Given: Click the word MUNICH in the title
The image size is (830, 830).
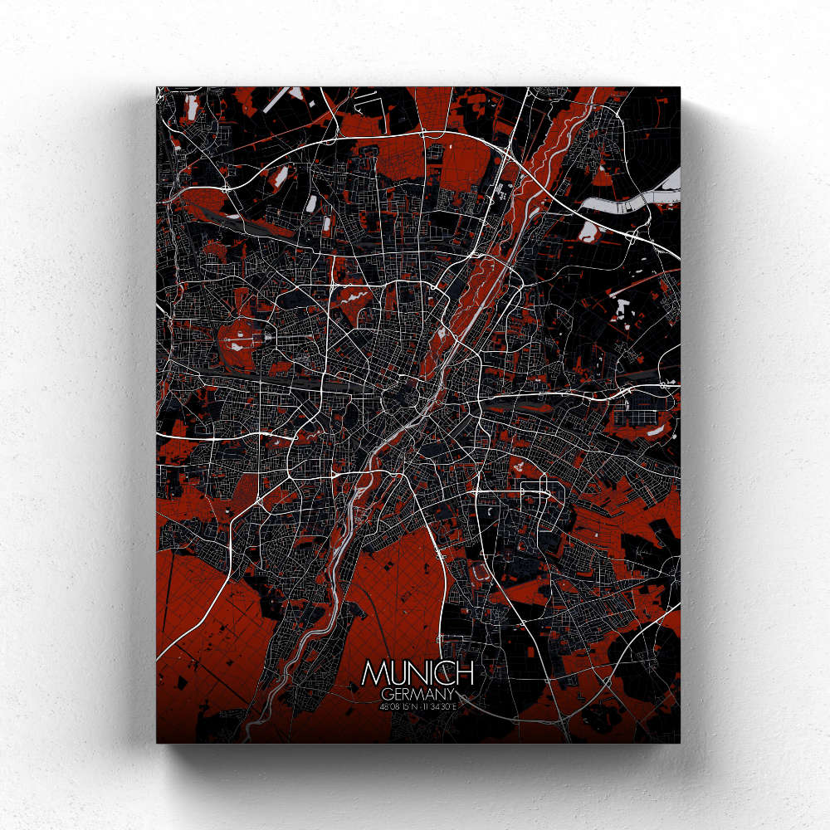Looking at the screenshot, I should tap(417, 672).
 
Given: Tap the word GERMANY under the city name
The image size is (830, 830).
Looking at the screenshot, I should tap(417, 693).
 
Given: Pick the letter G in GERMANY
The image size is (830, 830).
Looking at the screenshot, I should tap(387, 693).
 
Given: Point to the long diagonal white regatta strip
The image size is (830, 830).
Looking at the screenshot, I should tap(282, 100).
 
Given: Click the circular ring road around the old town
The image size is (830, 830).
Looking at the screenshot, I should tap(400, 398).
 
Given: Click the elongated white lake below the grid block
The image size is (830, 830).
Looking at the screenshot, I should tap(656, 430).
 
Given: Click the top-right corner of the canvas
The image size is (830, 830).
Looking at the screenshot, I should tap(678, 88).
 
